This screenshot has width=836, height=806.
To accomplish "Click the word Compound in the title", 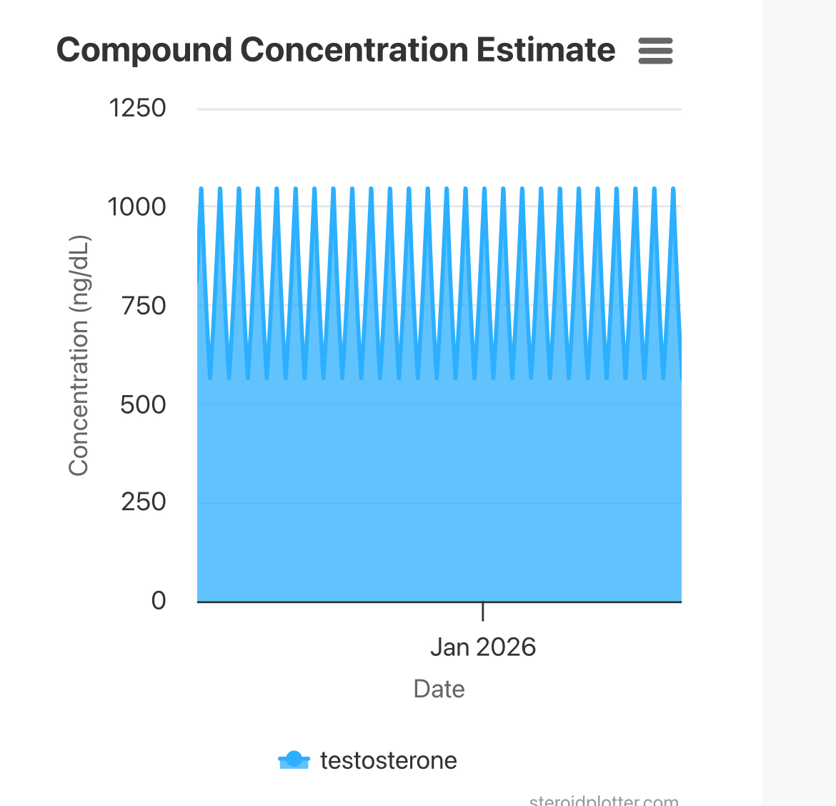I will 144,50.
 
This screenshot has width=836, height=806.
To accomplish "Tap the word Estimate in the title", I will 546,50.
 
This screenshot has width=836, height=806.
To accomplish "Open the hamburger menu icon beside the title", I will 655,51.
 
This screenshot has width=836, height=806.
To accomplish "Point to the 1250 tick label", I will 137,108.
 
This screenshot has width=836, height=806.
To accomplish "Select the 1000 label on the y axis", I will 136,207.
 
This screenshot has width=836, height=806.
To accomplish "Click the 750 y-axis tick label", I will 143,306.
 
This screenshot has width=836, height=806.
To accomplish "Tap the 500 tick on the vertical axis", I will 143,404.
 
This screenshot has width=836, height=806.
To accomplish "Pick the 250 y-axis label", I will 143,502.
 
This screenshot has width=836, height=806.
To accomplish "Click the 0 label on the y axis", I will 159,600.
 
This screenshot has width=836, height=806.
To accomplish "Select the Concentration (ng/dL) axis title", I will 79,355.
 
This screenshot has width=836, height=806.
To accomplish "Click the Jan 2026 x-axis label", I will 482,647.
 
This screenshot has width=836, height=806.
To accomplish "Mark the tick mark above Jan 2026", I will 483,611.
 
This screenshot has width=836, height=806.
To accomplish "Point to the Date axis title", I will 439,689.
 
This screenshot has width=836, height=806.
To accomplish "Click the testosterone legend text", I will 388,760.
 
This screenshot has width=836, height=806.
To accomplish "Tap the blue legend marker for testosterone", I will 294,760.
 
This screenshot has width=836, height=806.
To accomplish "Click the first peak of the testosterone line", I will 201,189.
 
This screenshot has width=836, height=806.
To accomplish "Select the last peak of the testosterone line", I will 673,189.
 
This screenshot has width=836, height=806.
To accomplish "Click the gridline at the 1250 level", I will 439,109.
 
